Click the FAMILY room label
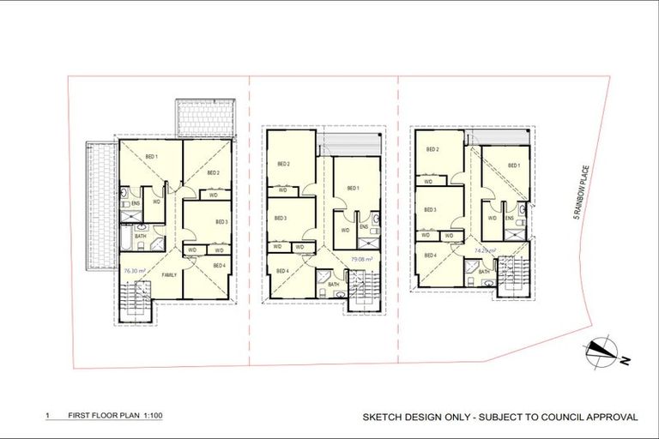click(x=169, y=274)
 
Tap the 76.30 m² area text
click(x=133, y=270)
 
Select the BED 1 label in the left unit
click(x=152, y=156)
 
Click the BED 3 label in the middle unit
click(x=280, y=218)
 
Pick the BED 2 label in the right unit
click(x=433, y=149)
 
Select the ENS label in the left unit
click(x=136, y=203)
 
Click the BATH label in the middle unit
click(x=333, y=284)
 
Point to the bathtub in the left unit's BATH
click(x=125, y=236)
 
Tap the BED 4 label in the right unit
click(x=430, y=256)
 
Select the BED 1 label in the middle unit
click(x=352, y=188)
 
